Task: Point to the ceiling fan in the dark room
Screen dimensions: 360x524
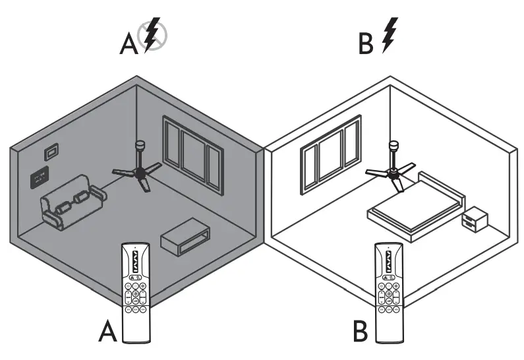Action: coord(139,171)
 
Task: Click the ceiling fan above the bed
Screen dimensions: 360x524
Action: coord(393,173)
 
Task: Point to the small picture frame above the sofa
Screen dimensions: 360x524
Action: coord(49,154)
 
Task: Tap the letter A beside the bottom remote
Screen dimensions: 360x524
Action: coord(107,331)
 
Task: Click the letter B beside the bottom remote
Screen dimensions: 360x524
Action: coord(359,331)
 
